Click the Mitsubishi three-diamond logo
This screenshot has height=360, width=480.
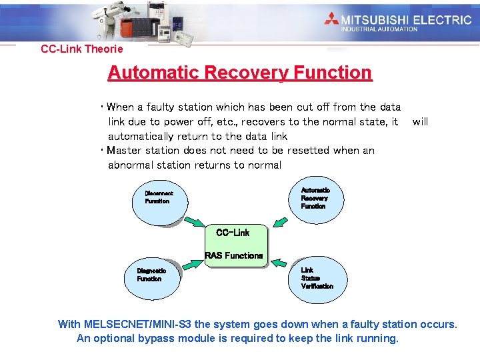pos(331,19)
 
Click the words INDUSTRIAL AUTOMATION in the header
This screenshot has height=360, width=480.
pos(379,29)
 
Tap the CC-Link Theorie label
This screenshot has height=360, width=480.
pos(82,49)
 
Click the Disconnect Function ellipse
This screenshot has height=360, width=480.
pos(160,199)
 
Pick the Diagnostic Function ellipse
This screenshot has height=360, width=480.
pos(153,276)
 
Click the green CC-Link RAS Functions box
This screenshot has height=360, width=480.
pos(235,245)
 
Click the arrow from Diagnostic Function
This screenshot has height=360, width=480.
pos(191,265)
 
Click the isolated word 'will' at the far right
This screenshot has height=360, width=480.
pos(420,122)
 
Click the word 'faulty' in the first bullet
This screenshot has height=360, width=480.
pos(161,107)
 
